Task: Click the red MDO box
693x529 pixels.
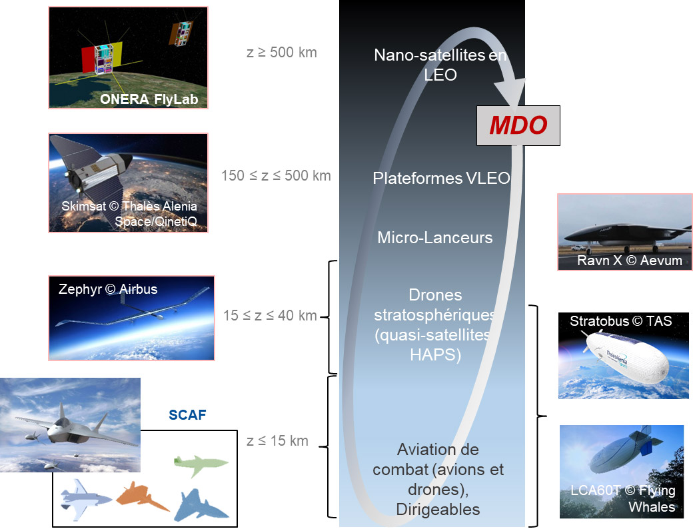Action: pyautogui.click(x=518, y=125)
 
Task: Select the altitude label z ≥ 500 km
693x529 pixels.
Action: pyautogui.click(x=281, y=52)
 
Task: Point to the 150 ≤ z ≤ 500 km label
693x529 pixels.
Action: pyautogui.click(x=276, y=176)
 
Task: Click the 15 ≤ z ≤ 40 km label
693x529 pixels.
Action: pyautogui.click(x=270, y=315)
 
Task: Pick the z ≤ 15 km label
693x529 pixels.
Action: pyautogui.click(x=277, y=440)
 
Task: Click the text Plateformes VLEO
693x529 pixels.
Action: pyautogui.click(x=441, y=179)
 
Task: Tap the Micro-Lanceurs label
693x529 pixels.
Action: pyautogui.click(x=434, y=237)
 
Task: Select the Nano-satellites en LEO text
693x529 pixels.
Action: pyautogui.click(x=440, y=65)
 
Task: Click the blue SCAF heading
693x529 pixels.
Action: pyautogui.click(x=187, y=416)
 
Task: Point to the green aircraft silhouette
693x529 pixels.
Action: pyautogui.click(x=201, y=465)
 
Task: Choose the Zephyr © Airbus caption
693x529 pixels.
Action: pyautogui.click(x=108, y=289)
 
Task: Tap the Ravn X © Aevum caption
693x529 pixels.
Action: pyautogui.click(x=629, y=261)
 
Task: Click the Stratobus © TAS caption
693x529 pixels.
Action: pyautogui.click(x=620, y=322)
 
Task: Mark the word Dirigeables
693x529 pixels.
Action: pyautogui.click(x=438, y=510)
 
